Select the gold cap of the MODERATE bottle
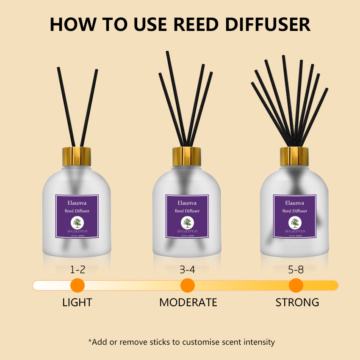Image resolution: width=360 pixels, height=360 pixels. (187, 155)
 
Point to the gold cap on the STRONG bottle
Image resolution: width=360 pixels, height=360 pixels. (294, 155)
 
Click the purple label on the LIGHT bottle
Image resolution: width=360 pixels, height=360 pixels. (77, 216)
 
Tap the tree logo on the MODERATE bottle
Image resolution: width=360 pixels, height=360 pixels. (187, 223)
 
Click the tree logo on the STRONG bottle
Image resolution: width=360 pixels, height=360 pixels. (294, 223)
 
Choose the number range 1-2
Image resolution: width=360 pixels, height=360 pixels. (77, 270)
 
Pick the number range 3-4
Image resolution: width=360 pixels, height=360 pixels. (187, 270)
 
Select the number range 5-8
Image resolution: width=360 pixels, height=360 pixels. (295, 270)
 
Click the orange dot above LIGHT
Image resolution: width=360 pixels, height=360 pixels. (77, 285)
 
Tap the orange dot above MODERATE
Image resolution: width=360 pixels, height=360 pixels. (187, 285)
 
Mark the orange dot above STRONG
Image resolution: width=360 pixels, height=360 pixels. (296, 285)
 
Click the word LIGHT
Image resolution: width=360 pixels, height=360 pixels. (77, 302)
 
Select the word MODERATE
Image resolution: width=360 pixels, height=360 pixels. (188, 302)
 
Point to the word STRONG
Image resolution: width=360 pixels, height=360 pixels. (297, 302)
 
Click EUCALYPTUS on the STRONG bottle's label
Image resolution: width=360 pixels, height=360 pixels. (294, 231)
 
